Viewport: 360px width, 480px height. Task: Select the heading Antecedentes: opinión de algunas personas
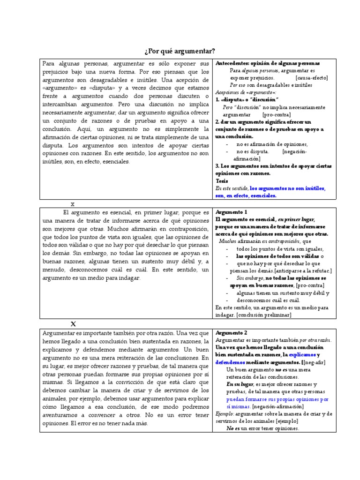[267, 63]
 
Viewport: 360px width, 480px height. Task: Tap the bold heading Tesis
[222, 180]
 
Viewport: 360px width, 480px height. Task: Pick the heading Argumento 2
[232, 332]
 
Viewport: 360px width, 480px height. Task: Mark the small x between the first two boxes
[73, 204]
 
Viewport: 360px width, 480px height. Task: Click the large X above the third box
[73, 324]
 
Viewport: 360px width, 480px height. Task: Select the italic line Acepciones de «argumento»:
[246, 92]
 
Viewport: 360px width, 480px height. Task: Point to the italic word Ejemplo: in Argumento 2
[225, 413]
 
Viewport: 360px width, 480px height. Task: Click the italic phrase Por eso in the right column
[238, 85]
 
